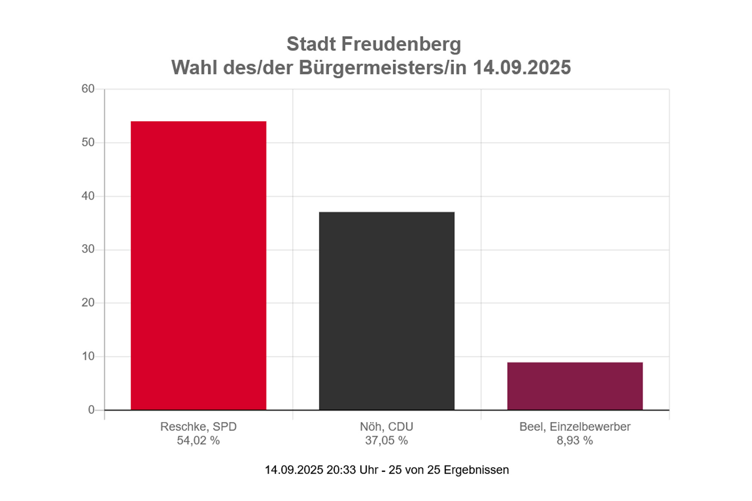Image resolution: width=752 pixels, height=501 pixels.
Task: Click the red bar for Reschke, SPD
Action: [199, 265]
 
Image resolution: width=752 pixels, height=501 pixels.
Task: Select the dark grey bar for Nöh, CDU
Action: [387, 311]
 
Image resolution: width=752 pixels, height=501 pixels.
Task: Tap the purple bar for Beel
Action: [575, 386]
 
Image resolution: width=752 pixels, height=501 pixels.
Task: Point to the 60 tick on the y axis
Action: [88, 89]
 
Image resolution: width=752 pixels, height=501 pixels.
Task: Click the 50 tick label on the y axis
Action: [88, 142]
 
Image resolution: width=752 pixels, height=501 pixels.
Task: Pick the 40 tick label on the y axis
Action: [88, 196]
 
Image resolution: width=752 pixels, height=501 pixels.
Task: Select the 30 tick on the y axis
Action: [88, 249]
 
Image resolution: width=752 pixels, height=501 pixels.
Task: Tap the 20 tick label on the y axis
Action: [88, 302]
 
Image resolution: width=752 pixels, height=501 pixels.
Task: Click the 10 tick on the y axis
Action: [88, 356]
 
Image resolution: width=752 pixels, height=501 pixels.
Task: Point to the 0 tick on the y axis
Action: [91, 410]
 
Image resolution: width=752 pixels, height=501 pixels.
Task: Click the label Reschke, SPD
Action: [199, 427]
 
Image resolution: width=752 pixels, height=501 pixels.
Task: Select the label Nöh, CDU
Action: [387, 427]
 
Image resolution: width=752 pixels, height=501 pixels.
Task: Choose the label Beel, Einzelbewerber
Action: [575, 427]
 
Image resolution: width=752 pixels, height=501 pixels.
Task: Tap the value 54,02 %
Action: [199, 440]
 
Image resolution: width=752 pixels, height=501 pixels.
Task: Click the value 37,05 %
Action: [387, 440]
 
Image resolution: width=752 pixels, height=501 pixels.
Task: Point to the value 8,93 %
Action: [575, 440]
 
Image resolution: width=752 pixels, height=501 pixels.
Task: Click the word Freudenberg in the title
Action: [401, 44]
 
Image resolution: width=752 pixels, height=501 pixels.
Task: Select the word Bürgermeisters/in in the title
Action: [383, 68]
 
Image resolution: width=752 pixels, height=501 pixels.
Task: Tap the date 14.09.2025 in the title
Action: [522, 68]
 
